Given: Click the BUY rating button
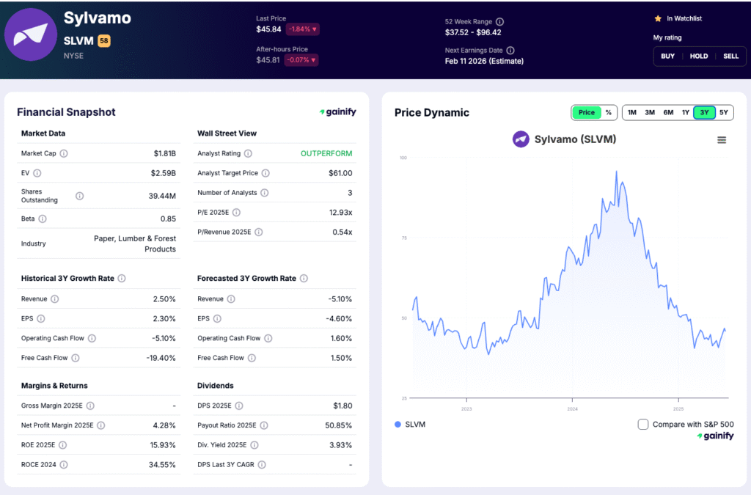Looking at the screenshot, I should [x=667, y=56].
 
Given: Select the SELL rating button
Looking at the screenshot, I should [x=730, y=56].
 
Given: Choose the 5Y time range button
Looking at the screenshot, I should [x=723, y=112].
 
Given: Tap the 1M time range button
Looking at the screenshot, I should [x=631, y=112].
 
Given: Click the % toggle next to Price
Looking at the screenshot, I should [x=608, y=112].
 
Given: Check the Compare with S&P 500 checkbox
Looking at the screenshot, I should [x=643, y=424].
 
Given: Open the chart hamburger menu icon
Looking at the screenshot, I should [x=722, y=140].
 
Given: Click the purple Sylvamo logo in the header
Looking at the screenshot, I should [x=31, y=34].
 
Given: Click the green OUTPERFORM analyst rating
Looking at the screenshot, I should [x=326, y=153].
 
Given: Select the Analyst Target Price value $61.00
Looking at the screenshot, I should [x=340, y=173].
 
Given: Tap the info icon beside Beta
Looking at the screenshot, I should [x=43, y=219].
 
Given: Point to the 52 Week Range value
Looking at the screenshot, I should [x=473, y=32].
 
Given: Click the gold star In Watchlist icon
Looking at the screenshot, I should [x=658, y=18].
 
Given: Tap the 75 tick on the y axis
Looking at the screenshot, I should [x=403, y=238].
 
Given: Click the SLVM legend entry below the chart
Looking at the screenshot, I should [x=410, y=424].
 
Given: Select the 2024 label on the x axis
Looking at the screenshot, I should [x=572, y=408].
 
